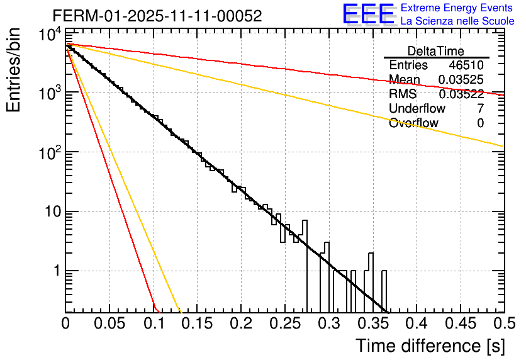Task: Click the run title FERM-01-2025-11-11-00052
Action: click(157, 16)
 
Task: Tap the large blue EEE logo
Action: click(368, 14)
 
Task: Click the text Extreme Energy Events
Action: click(457, 8)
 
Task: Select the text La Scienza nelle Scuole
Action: click(457, 21)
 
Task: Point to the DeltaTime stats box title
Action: click(436, 51)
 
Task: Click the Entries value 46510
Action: click(466, 65)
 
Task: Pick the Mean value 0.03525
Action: click(461, 80)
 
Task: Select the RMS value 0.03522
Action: click(461, 94)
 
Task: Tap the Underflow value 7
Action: click(480, 109)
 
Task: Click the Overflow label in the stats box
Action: click(413, 123)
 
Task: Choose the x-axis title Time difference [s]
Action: click(429, 346)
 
